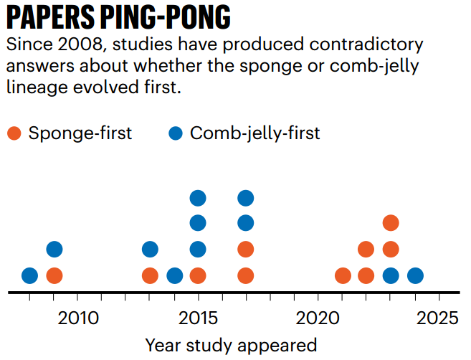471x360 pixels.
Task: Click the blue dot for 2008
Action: [x=29, y=275]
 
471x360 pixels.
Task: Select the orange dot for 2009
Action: [x=54, y=275]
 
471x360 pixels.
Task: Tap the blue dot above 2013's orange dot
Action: [x=150, y=250]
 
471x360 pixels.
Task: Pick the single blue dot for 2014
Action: [x=174, y=275]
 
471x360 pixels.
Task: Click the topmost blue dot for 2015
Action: [x=198, y=198]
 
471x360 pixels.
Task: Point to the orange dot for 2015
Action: [x=198, y=275]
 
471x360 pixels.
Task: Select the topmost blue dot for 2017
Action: [x=246, y=198]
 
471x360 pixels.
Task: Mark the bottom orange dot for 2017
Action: [x=246, y=275]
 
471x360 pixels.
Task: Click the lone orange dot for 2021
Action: [x=343, y=275]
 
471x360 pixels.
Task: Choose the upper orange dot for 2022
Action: [x=366, y=250]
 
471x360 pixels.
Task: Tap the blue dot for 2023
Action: [x=391, y=275]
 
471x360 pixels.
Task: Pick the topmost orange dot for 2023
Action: [x=391, y=223]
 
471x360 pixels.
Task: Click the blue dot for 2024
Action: [x=415, y=275]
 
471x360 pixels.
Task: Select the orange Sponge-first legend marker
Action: [x=14, y=133]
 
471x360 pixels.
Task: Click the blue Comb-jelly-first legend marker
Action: [x=176, y=133]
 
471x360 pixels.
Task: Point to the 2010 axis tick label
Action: [x=78, y=317]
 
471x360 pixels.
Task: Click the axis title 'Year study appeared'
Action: [x=231, y=345]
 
